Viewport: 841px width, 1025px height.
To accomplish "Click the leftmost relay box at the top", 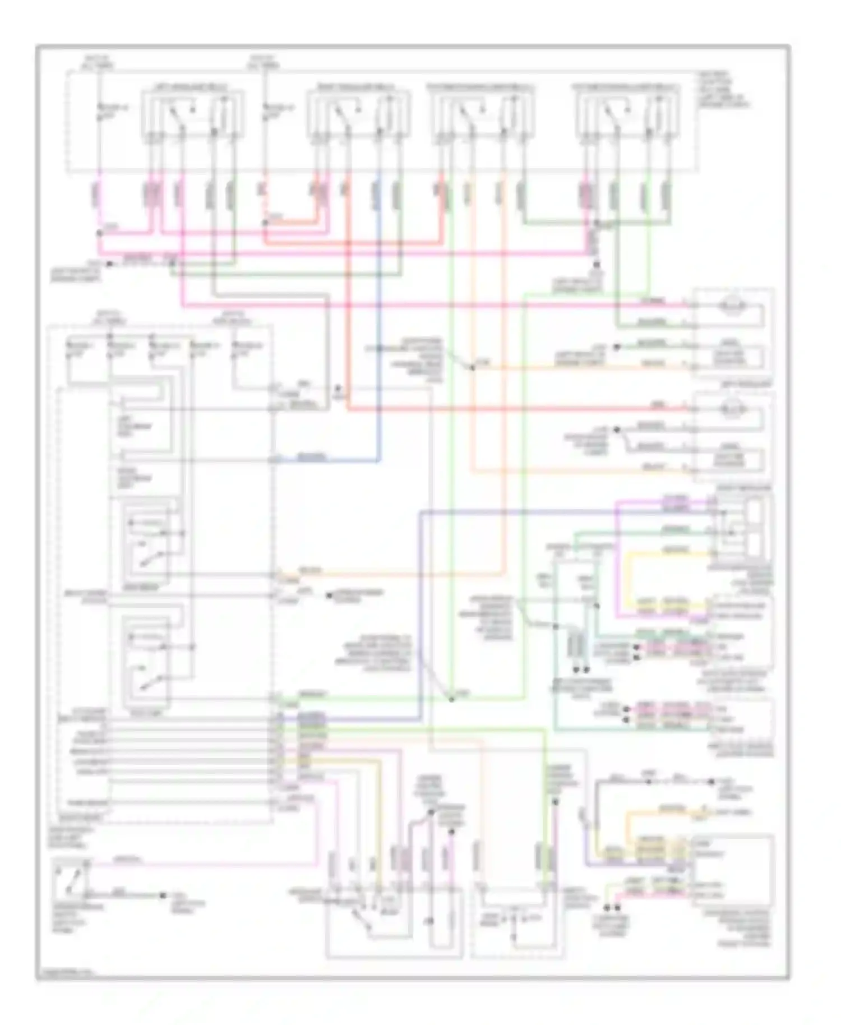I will pos(192,114).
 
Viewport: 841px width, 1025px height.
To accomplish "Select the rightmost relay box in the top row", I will pos(628,114).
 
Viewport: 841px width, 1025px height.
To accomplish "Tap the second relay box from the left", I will pos(358,114).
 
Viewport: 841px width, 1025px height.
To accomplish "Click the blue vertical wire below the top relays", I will pos(379,314).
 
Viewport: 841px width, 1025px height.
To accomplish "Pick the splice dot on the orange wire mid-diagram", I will pos(472,367).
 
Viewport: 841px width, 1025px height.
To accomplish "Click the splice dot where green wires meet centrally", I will pos(451,699).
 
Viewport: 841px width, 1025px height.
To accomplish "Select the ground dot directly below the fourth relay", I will pos(597,264).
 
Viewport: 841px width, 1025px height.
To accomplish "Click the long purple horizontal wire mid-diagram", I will pos(561,511).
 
